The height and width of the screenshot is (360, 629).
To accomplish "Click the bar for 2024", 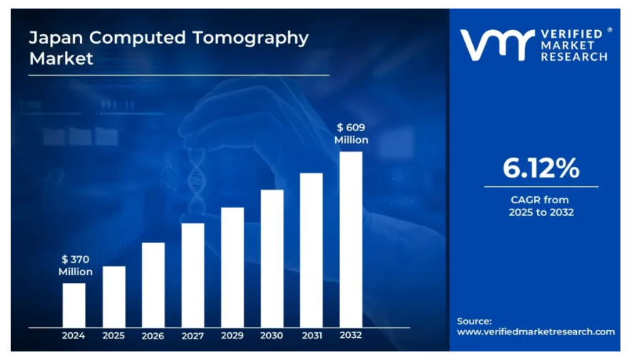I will [x=73, y=305].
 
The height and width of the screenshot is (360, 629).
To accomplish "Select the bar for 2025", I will [x=113, y=297].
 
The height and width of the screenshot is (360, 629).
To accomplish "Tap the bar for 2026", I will [x=153, y=285].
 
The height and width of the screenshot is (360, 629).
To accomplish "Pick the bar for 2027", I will [x=193, y=275].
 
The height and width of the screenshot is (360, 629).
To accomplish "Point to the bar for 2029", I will [x=232, y=267].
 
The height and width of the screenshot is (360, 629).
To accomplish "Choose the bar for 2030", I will [x=272, y=258].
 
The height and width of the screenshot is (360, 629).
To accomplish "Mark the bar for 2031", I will [x=311, y=250].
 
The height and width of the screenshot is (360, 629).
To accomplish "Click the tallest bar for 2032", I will [x=351, y=240].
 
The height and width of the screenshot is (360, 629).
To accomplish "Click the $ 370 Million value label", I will [x=76, y=265].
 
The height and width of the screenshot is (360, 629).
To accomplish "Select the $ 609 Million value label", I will [x=352, y=134].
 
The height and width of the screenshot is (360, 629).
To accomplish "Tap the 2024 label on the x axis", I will [x=73, y=336].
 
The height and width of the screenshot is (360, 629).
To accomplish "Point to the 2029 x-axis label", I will [x=232, y=336].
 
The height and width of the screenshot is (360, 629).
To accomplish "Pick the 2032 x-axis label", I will [x=351, y=336].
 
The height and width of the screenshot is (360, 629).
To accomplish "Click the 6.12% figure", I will [x=541, y=168].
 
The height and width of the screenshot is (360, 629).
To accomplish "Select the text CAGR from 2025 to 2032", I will [x=541, y=206].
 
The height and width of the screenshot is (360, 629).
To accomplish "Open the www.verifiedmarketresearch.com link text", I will [x=536, y=331].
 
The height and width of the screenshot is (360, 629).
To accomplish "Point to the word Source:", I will [x=474, y=321].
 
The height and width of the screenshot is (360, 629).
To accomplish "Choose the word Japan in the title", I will [x=52, y=38].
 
